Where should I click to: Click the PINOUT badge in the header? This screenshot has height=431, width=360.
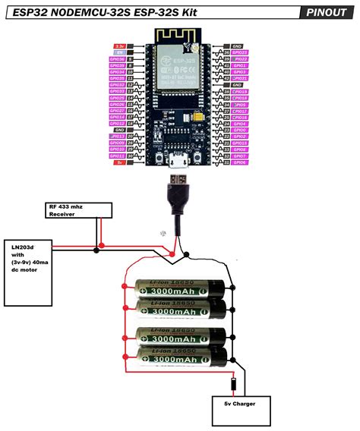pyautogui.click(x=328, y=12)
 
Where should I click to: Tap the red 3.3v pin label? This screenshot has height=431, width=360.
pyautogui.click(x=120, y=47)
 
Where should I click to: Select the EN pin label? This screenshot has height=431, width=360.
pyautogui.click(x=120, y=52)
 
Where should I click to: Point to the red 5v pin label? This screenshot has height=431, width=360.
pyautogui.click(x=120, y=162)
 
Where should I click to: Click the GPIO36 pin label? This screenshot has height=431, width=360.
pyautogui.click(x=117, y=59)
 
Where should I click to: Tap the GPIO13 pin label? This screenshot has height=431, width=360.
pyautogui.click(x=117, y=137)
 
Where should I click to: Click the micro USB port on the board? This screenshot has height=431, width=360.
pyautogui.click(x=180, y=161)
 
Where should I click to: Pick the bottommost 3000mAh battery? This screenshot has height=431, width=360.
pyautogui.click(x=180, y=356)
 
